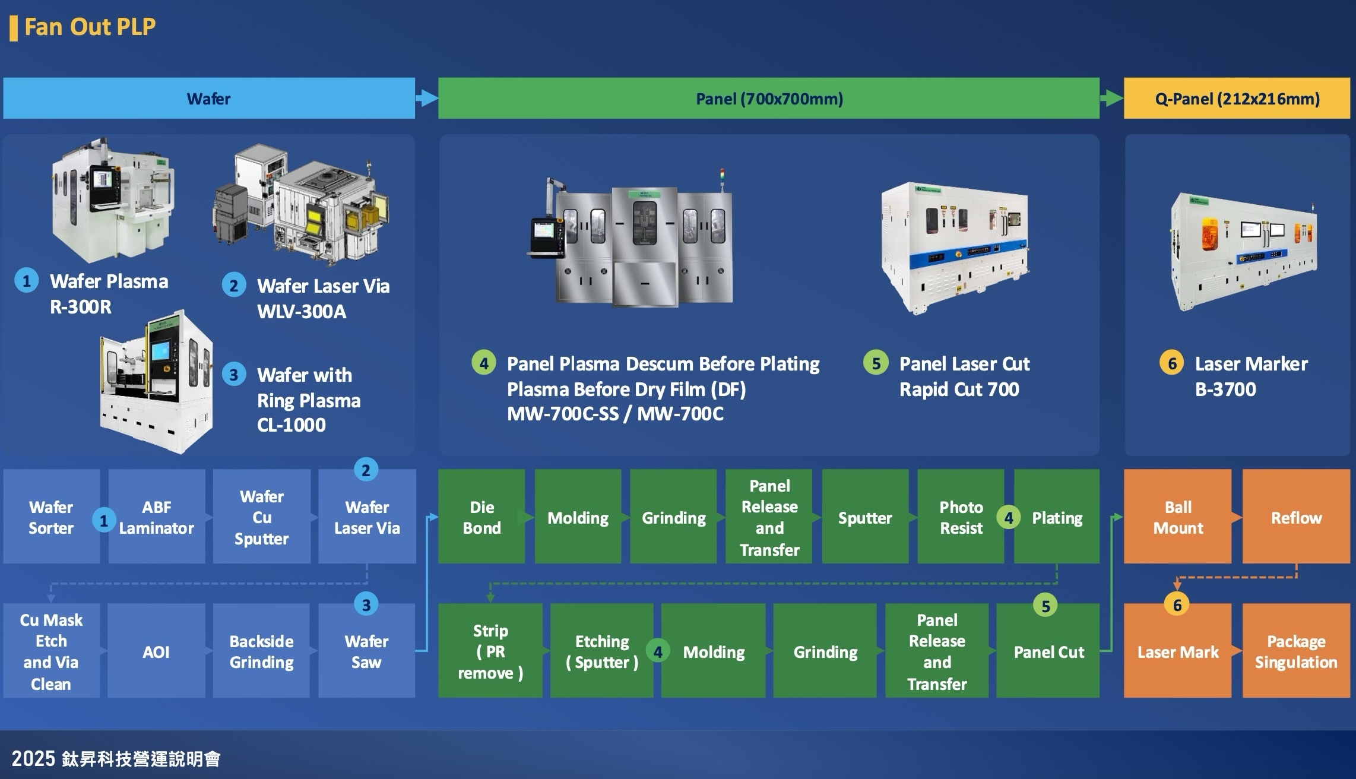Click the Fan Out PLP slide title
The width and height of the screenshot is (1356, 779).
pyautogui.click(x=90, y=27)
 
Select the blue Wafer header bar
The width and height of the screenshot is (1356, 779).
pyautogui.click(x=208, y=99)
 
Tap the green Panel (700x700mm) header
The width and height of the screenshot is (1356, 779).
pyautogui.click(x=769, y=99)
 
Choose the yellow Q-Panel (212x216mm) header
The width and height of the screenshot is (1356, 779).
pyautogui.click(x=1237, y=99)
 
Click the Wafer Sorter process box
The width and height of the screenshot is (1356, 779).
pyautogui.click(x=51, y=517)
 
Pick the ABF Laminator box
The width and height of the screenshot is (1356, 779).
pyautogui.click(x=156, y=517)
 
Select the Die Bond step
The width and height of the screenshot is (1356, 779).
pyautogui.click(x=481, y=517)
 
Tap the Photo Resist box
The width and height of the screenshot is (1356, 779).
pyautogui.click(x=961, y=517)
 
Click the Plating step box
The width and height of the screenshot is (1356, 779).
pyautogui.click(x=1057, y=517)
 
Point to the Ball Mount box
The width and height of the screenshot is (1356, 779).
pyautogui.click(x=1177, y=517)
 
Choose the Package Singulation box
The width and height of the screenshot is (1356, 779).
pyautogui.click(x=1296, y=651)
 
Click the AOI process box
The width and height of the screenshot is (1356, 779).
pyautogui.click(x=156, y=651)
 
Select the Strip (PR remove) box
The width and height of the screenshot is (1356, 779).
pyautogui.click(x=490, y=651)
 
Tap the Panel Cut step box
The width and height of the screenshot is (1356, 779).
pyautogui.click(x=1048, y=651)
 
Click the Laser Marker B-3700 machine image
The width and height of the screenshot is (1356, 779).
pyautogui.click(x=1243, y=252)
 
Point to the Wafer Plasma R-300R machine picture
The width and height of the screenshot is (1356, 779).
pyautogui.click(x=113, y=202)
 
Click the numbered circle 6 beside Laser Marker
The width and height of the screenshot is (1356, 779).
pyautogui.click(x=1172, y=363)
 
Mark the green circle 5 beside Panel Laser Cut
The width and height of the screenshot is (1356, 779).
pyautogui.click(x=876, y=363)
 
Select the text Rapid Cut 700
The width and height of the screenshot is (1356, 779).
pyautogui.click(x=959, y=389)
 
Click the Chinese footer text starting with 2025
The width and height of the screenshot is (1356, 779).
pyautogui.click(x=116, y=758)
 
